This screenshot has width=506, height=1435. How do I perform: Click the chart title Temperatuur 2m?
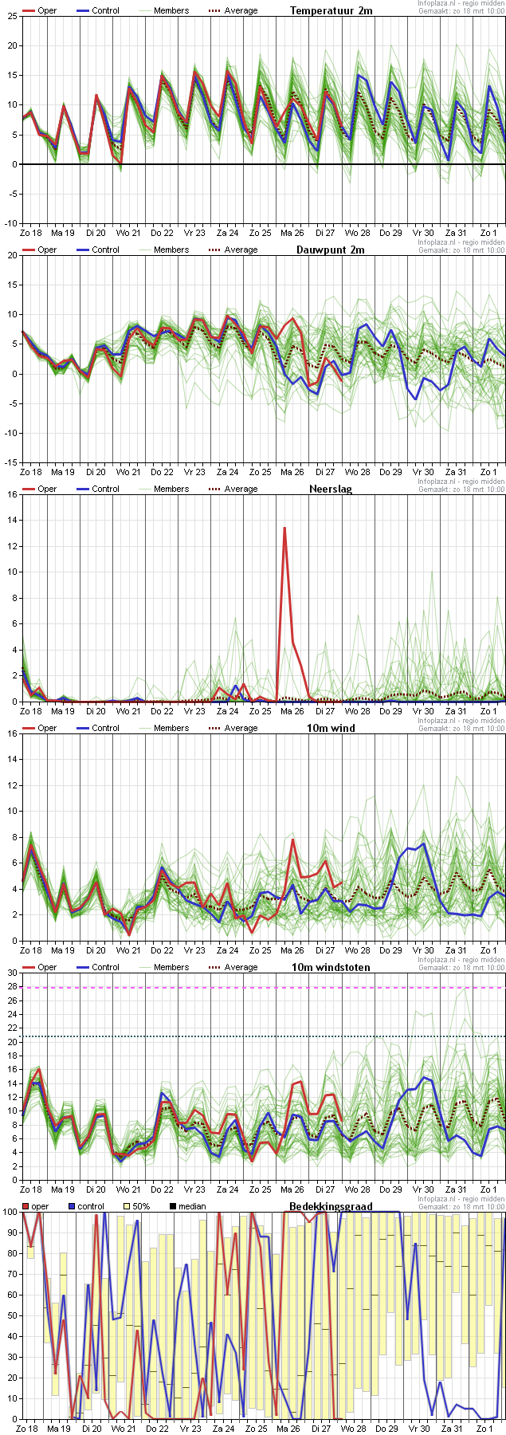pos(331,10)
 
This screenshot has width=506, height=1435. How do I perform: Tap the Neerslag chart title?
pos(331,489)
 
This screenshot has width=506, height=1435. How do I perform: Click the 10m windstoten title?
pos(331,967)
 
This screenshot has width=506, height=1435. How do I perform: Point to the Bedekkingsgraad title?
pos(331,1206)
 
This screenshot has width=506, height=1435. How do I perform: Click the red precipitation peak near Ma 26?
pos(284,529)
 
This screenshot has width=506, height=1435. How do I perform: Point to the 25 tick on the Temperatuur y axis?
pos(12,16)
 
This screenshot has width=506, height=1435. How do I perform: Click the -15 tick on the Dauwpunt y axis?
pos(10,462)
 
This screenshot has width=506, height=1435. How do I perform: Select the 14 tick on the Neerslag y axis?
pos(12,520)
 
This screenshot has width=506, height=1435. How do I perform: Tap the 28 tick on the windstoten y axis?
pos(12,987)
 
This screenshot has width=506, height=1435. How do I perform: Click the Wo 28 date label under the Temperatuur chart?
pos(357,233)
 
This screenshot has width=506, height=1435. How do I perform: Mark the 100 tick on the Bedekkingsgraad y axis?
pos(10,1212)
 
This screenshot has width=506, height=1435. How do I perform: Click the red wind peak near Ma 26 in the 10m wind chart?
pos(293,839)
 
